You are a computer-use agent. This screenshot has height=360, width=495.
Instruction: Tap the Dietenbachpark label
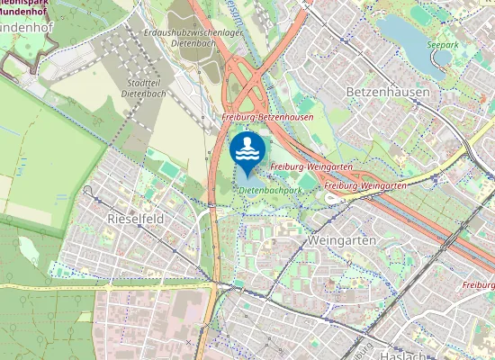point(270,190)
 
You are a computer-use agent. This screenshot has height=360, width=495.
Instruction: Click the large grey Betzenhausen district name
point(387,93)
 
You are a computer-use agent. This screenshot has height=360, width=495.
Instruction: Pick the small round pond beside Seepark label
point(443,56)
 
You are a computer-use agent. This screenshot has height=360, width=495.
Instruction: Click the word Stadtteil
point(134,82)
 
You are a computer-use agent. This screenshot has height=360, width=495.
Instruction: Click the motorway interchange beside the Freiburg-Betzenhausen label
point(247,85)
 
